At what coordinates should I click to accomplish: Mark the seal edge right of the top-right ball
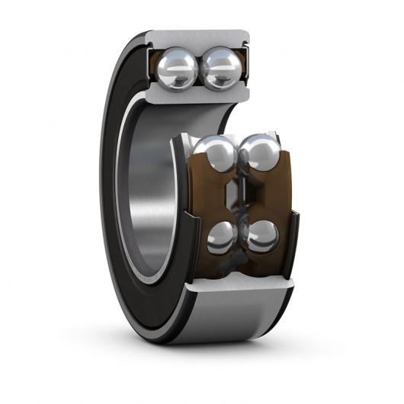247,69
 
